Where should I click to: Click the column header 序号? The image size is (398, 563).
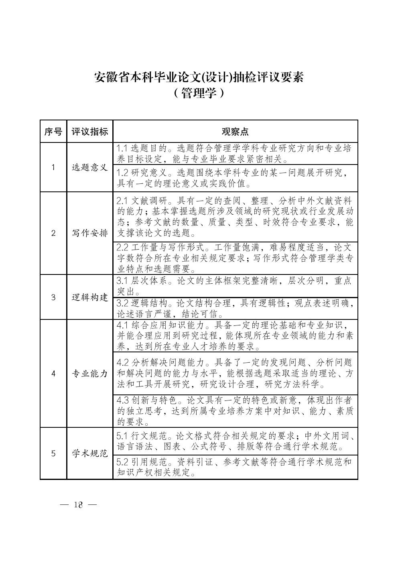[x=53, y=131]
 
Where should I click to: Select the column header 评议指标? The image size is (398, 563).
[x=90, y=131]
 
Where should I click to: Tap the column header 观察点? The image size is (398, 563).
[x=235, y=131]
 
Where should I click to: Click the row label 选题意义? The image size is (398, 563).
[x=90, y=167]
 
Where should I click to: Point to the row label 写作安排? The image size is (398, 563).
[x=90, y=233]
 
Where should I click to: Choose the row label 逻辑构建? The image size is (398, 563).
[x=90, y=297]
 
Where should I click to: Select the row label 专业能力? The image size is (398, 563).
[x=90, y=374]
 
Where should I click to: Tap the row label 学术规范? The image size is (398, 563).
[x=90, y=453]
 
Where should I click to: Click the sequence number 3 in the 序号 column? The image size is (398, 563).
[x=53, y=297]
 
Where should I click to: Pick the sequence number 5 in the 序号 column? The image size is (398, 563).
[x=53, y=453]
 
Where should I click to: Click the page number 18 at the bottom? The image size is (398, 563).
[x=78, y=504]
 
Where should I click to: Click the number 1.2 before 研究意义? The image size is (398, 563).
[x=122, y=173]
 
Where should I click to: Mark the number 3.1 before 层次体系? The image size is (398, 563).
[x=122, y=281]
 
